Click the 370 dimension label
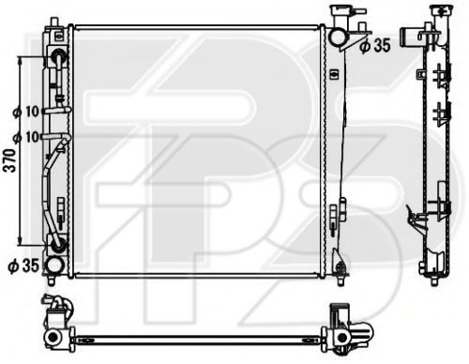click(x=11, y=160)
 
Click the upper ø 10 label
click(x=26, y=112)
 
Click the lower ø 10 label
click(x=26, y=137)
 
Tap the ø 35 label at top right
click(x=375, y=46)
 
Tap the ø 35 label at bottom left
click(x=23, y=265)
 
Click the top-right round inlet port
click(x=338, y=37)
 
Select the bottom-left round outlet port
click(x=55, y=265)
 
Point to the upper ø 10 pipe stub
click(x=57, y=110)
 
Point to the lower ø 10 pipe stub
click(x=56, y=137)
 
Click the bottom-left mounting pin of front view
click(x=52, y=280)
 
